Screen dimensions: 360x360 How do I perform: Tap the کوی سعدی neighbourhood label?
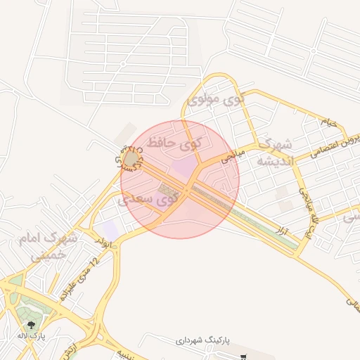[x=150, y=200]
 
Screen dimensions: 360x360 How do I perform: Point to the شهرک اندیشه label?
[x=272, y=153]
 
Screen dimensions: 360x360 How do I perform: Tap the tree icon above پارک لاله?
[x=30, y=324]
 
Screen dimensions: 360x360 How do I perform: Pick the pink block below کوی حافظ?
[x=185, y=167]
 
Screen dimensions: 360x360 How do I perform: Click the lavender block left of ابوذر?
[x=110, y=229]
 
